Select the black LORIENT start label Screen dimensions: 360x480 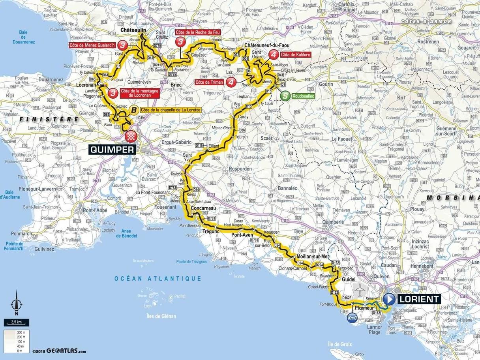pos(418,299)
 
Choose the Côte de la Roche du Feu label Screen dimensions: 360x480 pos(197,32)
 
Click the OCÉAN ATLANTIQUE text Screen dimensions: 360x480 pos(158,279)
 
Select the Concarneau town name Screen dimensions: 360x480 pos(202,208)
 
